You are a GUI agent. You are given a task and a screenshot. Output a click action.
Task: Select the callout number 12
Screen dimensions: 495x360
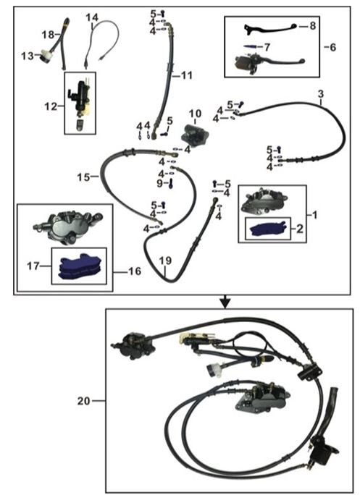coord(50,106)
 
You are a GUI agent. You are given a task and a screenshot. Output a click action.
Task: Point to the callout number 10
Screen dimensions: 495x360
coord(193,113)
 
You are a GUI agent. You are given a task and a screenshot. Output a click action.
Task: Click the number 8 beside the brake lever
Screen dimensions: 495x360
coord(312,25)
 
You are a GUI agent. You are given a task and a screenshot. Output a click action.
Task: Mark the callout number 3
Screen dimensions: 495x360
coord(319,94)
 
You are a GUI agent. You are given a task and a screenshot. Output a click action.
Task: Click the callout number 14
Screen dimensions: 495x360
coord(92,17)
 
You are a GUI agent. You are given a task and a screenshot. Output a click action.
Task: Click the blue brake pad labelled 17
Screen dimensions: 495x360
coord(80,268)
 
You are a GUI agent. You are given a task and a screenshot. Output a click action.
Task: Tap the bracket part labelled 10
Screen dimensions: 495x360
coord(193,133)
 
